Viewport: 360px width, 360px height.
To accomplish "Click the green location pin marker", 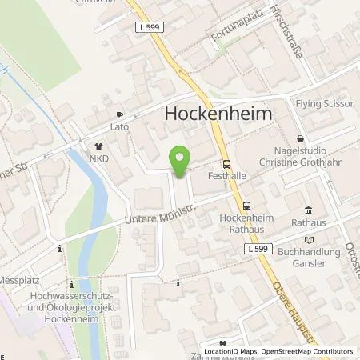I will click(180, 162).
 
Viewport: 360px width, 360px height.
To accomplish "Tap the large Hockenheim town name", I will click(218, 114).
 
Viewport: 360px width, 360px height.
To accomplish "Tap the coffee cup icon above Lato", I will click(120, 114).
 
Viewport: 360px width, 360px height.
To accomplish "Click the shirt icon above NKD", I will click(98, 146).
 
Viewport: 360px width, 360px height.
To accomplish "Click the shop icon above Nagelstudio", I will click(300, 138).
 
